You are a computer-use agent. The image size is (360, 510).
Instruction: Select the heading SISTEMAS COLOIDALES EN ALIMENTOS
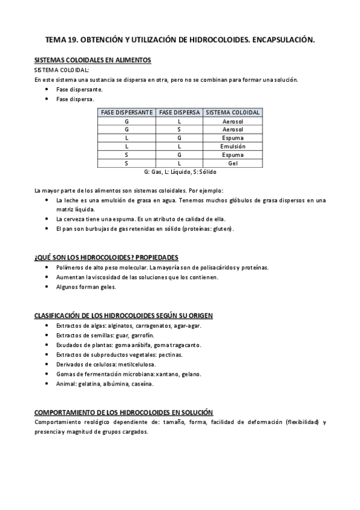pyautogui.click(x=93, y=60)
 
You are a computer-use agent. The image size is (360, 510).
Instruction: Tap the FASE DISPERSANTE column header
pyautogui.click(x=126, y=112)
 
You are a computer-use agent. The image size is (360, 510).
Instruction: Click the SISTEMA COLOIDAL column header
pyautogui.click(x=233, y=112)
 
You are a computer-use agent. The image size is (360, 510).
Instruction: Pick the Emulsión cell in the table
pyautogui.click(x=233, y=146)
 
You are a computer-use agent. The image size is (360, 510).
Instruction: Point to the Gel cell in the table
pyautogui.click(x=233, y=163)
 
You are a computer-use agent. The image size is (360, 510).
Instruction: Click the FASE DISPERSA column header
pyautogui.click(x=179, y=112)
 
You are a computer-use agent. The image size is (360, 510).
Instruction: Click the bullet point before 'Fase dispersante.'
pyautogui.click(x=47, y=89)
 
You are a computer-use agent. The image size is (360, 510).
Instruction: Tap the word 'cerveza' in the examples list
pyautogui.click(x=75, y=219)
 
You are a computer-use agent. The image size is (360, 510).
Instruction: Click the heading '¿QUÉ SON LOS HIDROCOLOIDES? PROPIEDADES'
pyautogui.click(x=106, y=257)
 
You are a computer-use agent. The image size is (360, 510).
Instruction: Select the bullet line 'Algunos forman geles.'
pyautogui.click(x=86, y=287)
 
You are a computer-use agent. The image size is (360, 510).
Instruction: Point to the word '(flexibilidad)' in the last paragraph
pyautogui.click(x=302, y=422)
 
